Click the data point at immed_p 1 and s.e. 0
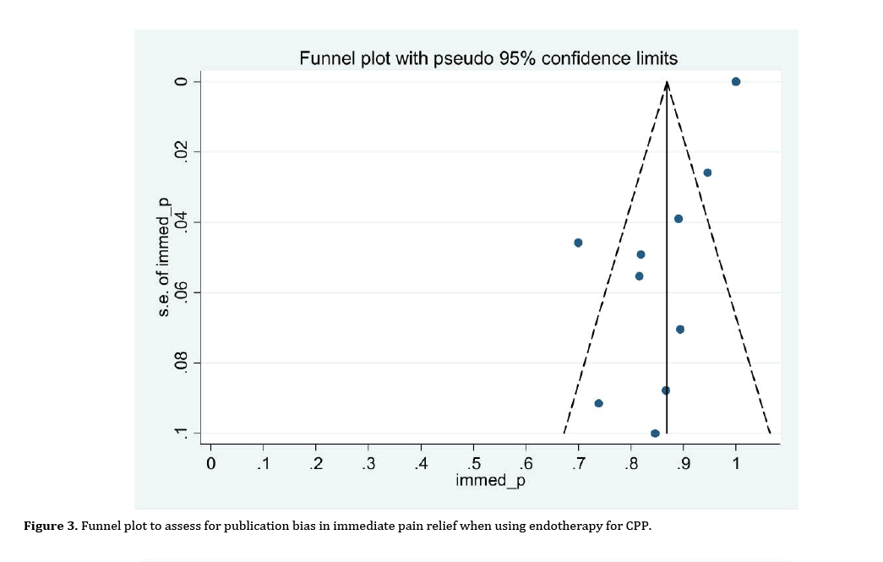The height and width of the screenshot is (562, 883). coord(736,81)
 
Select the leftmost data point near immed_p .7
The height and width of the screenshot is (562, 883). coord(578,243)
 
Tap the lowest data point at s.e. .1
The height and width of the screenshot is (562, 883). coord(655,434)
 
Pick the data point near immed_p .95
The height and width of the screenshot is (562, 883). coord(707,172)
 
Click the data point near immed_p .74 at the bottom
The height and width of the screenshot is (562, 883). coord(598,403)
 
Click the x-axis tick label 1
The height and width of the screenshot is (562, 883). coord(736,463)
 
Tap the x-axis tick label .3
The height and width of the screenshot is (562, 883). coord(368,463)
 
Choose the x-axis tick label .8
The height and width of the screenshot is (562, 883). coord(630,463)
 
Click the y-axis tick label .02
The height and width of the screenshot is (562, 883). coord(179,152)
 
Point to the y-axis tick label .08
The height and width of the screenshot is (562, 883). coord(179,363)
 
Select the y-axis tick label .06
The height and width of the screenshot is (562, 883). coord(179,293)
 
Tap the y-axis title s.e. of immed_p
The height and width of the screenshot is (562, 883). coord(164,257)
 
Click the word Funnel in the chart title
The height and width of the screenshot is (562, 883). coord(329,58)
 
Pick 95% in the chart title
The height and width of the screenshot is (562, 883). coord(515,58)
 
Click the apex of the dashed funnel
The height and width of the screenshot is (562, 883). coord(667,82)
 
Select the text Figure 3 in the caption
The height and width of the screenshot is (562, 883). coord(49,526)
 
